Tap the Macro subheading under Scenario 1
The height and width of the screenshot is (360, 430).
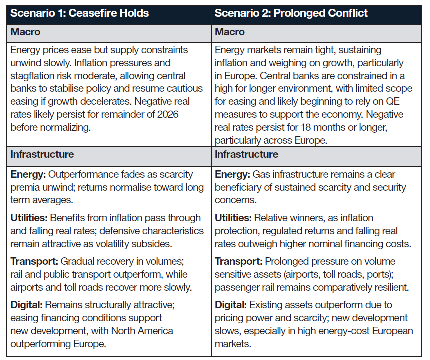click(x=25, y=32)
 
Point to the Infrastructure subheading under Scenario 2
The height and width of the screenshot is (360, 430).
click(x=246, y=154)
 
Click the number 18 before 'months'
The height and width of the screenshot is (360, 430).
click(x=307, y=127)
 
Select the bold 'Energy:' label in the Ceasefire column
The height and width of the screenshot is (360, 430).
click(x=27, y=175)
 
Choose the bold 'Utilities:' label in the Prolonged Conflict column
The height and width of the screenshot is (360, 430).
click(x=233, y=218)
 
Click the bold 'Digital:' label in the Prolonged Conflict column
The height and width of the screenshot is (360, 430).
click(x=230, y=305)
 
